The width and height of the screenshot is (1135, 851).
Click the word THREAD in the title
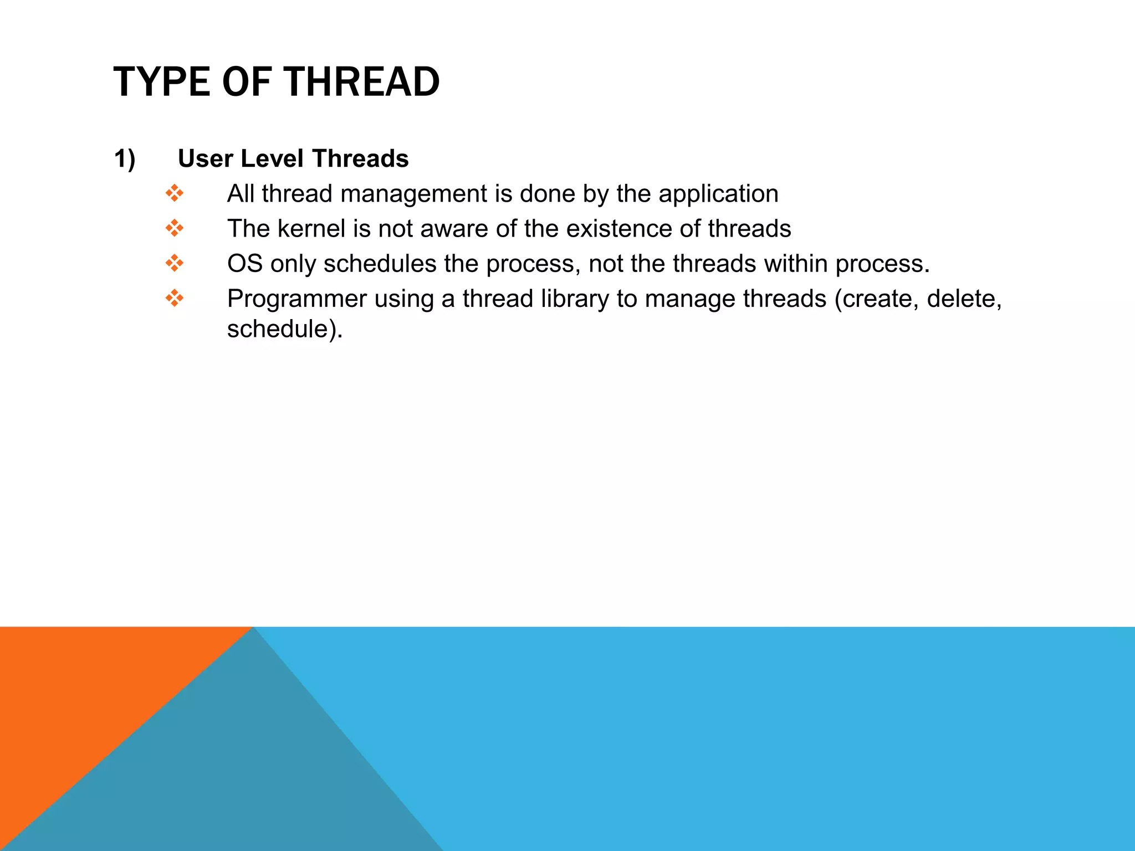coord(362,82)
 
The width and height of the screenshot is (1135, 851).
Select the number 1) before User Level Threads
coord(125,159)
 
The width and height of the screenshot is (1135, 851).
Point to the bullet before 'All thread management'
coord(174,193)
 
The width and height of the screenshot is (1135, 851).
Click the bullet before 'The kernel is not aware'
coord(174,228)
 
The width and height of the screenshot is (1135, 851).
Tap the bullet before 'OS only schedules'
coord(174,263)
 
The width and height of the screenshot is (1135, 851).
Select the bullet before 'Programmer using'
coord(174,298)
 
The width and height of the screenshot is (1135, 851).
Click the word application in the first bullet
coord(718,194)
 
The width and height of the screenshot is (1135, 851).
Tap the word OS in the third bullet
coord(244,264)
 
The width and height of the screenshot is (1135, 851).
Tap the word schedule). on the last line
coord(285,329)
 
